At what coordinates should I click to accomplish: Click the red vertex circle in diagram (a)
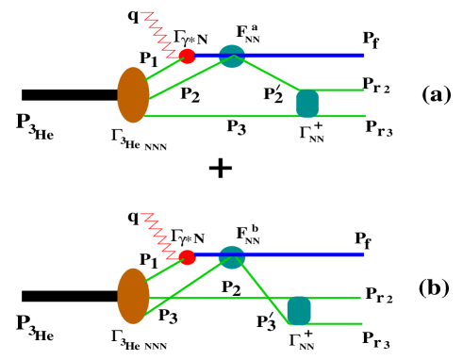[187, 57]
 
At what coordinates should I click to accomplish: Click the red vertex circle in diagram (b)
[187, 256]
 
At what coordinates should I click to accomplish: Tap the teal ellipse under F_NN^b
[232, 255]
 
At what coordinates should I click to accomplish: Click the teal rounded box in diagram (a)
[308, 102]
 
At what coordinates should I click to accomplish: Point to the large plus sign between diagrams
[219, 169]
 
